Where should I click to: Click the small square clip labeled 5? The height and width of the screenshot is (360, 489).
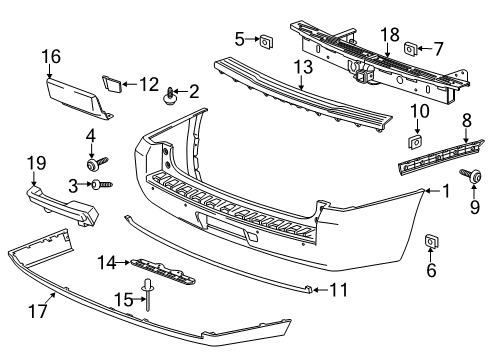click(x=267, y=42)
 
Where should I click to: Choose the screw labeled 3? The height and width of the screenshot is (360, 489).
click(x=105, y=184)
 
